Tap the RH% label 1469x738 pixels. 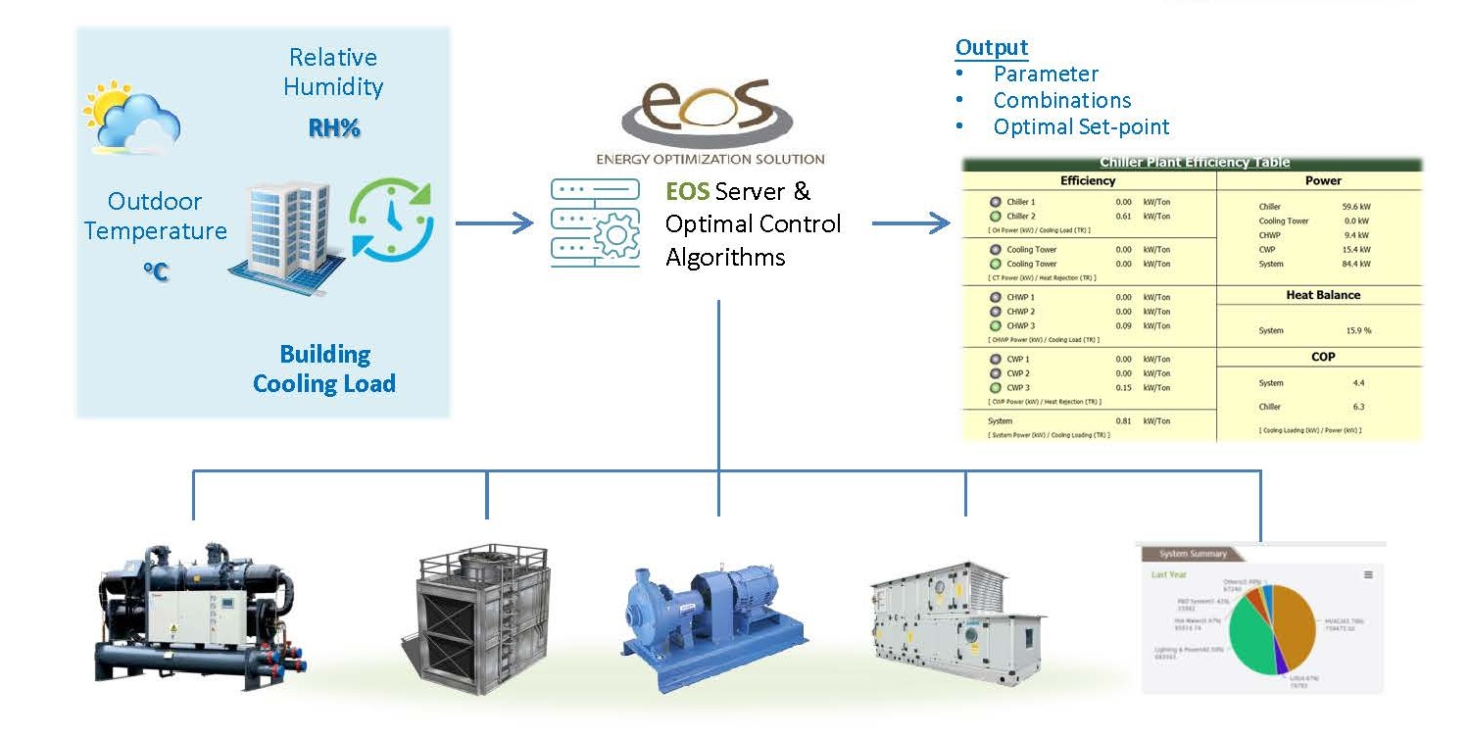coord(334,127)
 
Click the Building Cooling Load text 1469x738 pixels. coord(324,369)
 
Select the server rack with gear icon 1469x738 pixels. coord(594,222)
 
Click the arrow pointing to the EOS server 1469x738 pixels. coord(494,223)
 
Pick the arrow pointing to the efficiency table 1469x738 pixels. coord(910,223)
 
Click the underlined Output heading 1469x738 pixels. coord(992,47)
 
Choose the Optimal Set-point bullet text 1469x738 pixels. coord(1081,126)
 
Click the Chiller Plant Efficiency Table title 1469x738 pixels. coord(1195,163)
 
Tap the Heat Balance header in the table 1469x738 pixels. coord(1322,295)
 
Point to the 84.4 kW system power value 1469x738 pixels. coord(1356,264)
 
